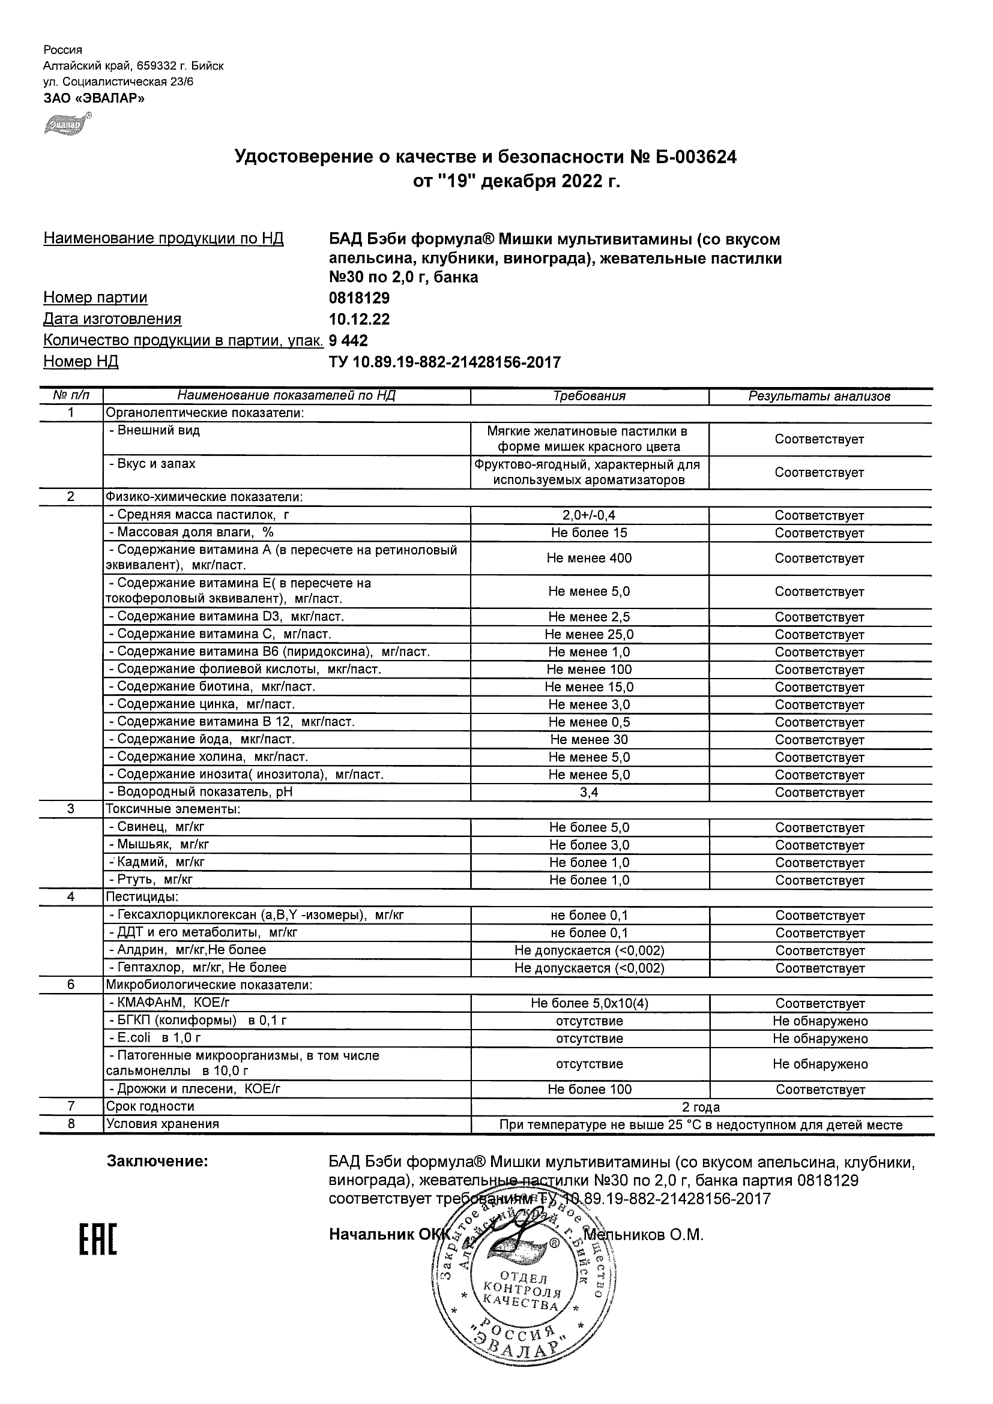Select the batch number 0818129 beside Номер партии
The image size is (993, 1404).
tap(359, 298)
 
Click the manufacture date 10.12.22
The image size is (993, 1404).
tap(359, 319)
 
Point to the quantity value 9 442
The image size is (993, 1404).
tap(349, 341)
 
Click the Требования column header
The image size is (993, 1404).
tap(589, 396)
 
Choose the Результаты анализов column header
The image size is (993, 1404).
tap(819, 396)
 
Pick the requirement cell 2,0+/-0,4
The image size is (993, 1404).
tap(589, 515)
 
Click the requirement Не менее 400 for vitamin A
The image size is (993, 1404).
tap(589, 558)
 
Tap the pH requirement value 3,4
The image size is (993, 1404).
tap(589, 793)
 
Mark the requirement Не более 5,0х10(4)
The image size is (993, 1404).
tap(589, 1003)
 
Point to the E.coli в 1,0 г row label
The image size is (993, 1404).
tap(155, 1039)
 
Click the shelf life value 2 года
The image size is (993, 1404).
tap(701, 1108)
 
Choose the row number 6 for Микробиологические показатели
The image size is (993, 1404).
tap(71, 985)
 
